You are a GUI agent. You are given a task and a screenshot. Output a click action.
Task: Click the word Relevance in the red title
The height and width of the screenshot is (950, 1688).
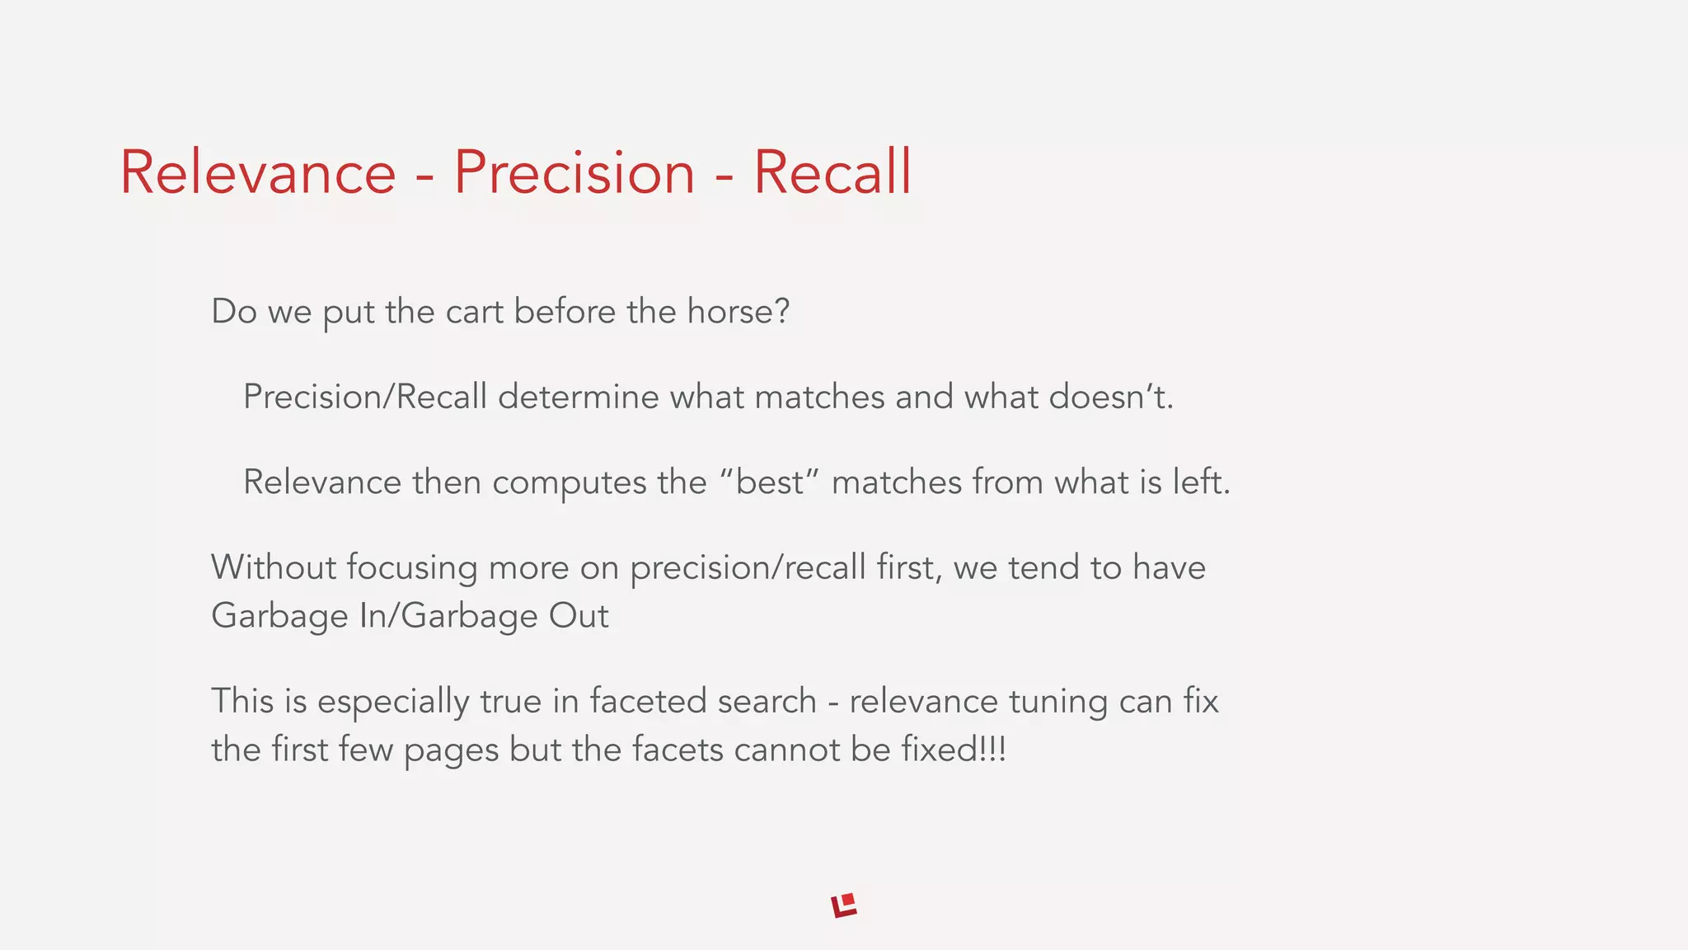(258, 172)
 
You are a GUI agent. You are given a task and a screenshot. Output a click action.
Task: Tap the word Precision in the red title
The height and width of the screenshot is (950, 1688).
(574, 172)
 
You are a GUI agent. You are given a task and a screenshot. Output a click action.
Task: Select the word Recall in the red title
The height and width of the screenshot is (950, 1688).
(832, 172)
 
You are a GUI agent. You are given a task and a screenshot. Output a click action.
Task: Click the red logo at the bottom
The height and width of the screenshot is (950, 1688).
(844, 905)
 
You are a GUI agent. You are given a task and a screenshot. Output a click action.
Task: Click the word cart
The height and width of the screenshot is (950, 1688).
(474, 312)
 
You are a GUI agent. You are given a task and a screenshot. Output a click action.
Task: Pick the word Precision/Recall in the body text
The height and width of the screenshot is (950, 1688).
(365, 397)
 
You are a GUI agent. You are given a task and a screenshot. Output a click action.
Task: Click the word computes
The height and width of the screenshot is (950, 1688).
(569, 482)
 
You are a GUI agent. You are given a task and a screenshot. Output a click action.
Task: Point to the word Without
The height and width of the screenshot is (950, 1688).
(273, 568)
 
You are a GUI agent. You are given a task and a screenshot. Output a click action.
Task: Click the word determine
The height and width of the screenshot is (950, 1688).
(578, 397)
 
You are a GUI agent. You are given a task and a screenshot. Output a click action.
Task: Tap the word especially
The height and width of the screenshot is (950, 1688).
(393, 702)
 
